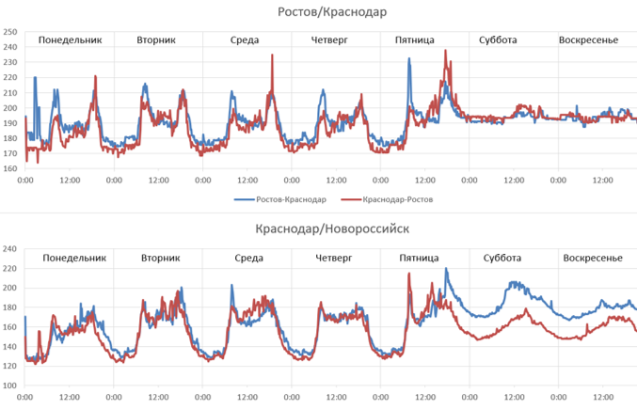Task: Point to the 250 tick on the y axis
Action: pyautogui.click(x=10, y=31)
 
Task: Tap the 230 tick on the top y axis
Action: pyautogui.click(x=10, y=62)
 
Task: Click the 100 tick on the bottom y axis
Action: pyautogui.click(x=10, y=385)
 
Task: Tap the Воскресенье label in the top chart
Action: pyautogui.click(x=588, y=40)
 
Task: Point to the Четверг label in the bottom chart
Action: pyautogui.click(x=336, y=258)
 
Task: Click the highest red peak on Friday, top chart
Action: pyautogui.click(x=446, y=51)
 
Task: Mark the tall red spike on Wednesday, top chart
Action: pyautogui.click(x=272, y=55)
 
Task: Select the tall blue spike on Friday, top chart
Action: pyautogui.click(x=409, y=59)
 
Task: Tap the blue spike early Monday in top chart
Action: pyautogui.click(x=35, y=78)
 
